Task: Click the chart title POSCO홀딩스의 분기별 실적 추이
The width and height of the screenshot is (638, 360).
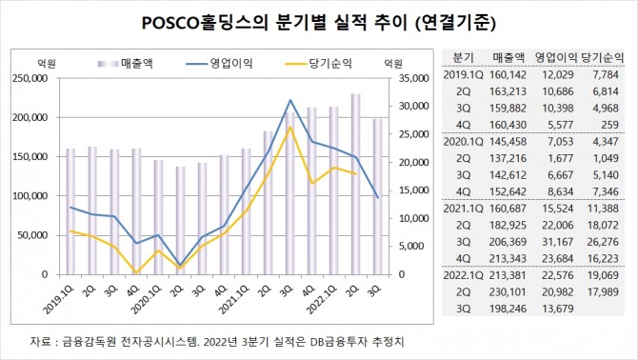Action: click(274, 23)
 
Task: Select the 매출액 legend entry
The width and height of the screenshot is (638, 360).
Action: click(126, 64)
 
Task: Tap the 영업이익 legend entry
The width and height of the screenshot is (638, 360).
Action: click(220, 64)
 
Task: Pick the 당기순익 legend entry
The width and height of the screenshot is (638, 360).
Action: click(319, 64)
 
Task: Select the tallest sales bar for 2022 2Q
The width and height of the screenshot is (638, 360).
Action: click(355, 184)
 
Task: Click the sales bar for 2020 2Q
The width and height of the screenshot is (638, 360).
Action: click(180, 220)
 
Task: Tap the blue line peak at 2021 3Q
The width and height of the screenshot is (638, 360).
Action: click(289, 100)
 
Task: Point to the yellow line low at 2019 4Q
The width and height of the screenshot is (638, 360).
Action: click(136, 273)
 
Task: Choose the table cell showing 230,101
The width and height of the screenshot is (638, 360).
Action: click(508, 292)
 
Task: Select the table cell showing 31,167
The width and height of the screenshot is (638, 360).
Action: click(558, 242)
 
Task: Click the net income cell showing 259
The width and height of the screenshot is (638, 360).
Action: click(609, 125)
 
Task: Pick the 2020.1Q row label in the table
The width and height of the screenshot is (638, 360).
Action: click(463, 142)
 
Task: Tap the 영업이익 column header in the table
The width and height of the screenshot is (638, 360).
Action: click(556, 57)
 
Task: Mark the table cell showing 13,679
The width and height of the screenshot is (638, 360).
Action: click(558, 309)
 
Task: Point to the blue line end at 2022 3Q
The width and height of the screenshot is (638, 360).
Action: click(378, 198)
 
